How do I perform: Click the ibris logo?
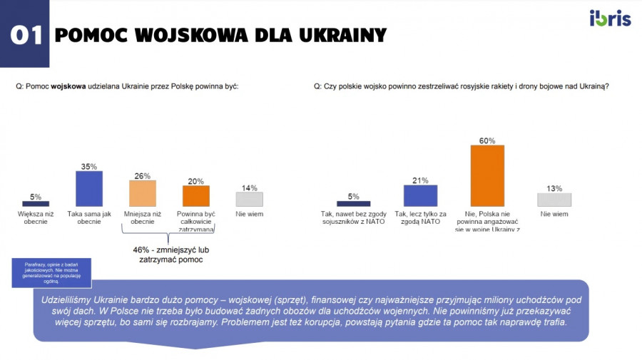tap(610, 19)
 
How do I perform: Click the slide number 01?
tap(26, 36)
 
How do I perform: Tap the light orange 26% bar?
tap(143, 193)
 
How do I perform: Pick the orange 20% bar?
tap(196, 196)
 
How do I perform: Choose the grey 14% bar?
tap(249, 199)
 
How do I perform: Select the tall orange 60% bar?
tap(487, 175)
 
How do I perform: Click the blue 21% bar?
tap(420, 195)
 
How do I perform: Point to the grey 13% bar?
tap(554, 200)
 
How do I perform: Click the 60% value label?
tap(487, 140)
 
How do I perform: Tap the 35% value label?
tap(89, 166)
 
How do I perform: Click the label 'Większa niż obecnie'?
tap(36, 217)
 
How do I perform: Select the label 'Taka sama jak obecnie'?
tap(89, 217)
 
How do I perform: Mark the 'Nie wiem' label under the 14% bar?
tap(249, 213)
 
